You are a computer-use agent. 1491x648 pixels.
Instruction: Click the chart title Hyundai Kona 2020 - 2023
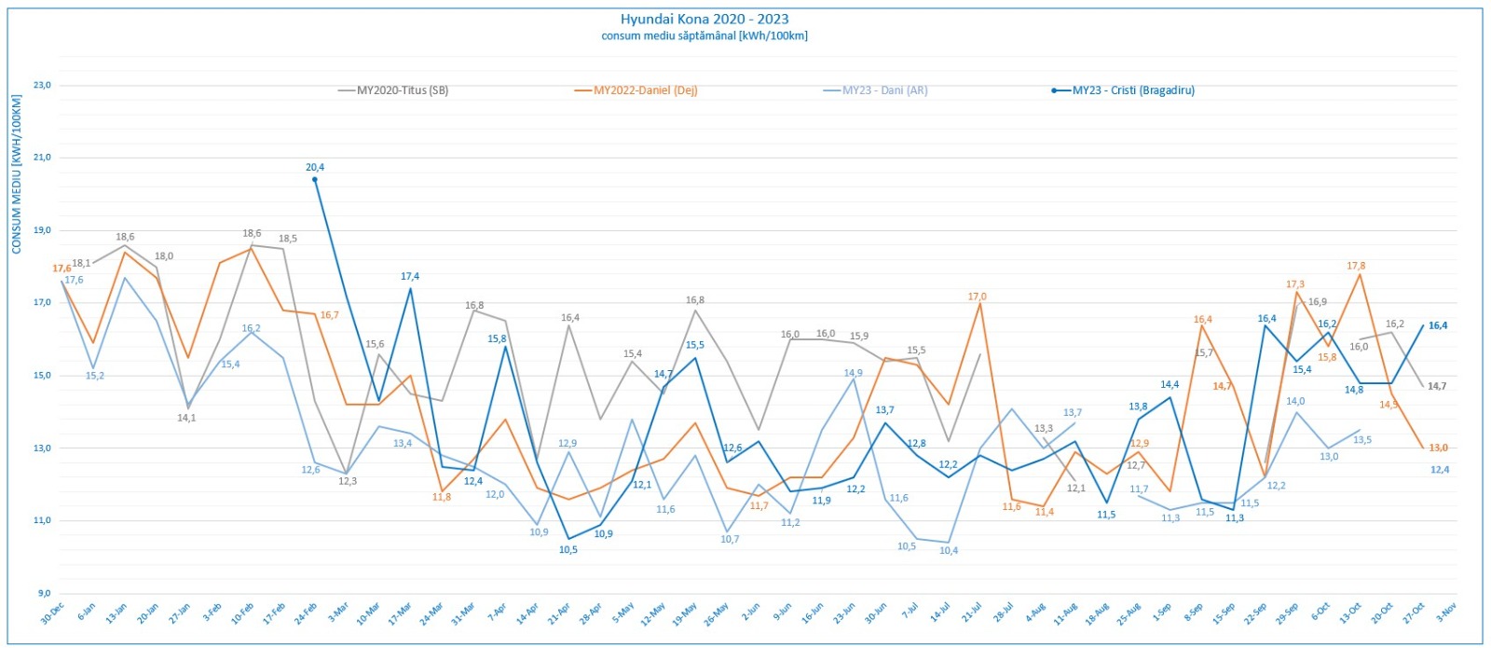click(704, 19)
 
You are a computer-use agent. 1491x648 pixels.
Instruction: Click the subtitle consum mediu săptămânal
click(704, 36)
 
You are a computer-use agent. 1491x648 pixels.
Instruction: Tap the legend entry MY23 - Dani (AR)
click(884, 90)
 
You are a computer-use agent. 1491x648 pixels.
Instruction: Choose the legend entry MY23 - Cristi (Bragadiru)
click(1132, 90)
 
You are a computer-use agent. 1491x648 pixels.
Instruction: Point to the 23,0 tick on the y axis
click(42, 85)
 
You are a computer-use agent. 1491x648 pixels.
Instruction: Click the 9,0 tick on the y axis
click(44, 593)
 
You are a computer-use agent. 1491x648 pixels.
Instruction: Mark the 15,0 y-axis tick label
click(42, 376)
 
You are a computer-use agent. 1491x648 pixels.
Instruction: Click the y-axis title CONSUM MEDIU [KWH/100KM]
click(17, 174)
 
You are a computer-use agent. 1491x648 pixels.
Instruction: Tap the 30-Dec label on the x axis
click(52, 613)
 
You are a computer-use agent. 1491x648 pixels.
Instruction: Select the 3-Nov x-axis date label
click(1445, 613)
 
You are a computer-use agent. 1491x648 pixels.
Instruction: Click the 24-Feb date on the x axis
click(305, 613)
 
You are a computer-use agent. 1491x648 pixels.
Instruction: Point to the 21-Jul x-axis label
click(971, 613)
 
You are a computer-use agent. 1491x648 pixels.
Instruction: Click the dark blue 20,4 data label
click(315, 168)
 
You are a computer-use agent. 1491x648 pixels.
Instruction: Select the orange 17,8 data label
click(1356, 266)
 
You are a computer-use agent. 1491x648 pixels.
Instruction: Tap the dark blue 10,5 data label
click(568, 550)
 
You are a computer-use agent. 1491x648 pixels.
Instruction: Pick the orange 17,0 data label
click(977, 296)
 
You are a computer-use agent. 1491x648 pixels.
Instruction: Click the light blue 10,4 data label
click(948, 551)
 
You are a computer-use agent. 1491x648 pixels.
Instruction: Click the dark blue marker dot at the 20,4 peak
click(315, 179)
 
